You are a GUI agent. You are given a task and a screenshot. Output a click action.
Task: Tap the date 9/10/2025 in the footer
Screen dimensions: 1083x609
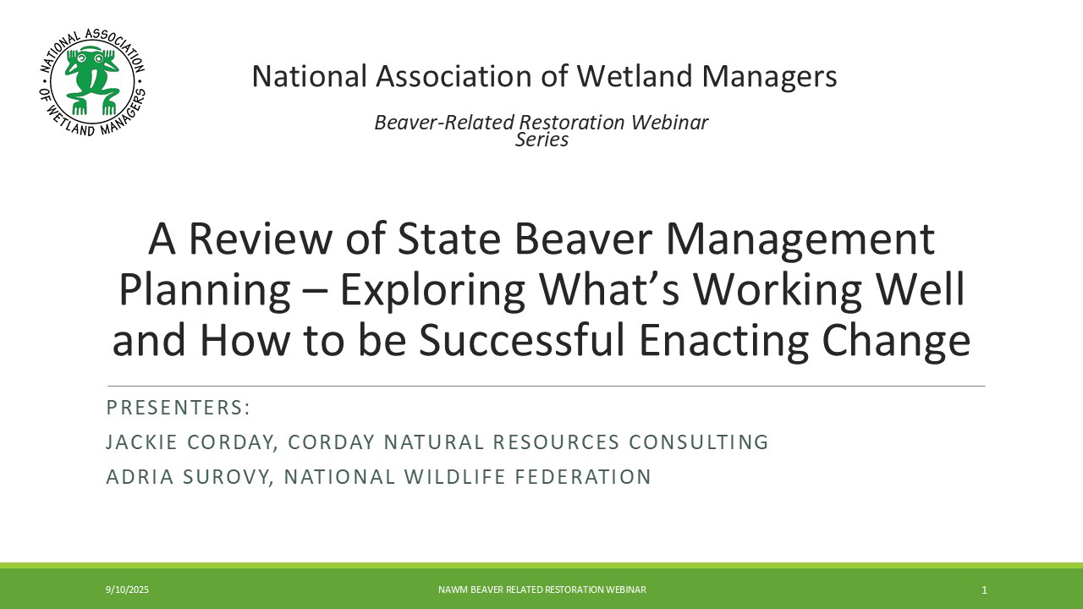128,590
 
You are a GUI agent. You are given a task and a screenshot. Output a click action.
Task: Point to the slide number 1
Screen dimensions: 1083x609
984,590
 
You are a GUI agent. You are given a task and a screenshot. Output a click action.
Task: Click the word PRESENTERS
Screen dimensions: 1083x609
175,408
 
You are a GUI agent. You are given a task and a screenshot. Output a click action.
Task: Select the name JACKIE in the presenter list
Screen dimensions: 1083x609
141,442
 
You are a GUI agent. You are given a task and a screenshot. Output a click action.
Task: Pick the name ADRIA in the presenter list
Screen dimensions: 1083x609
140,477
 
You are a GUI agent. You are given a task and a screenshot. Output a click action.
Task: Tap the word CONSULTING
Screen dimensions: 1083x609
698,442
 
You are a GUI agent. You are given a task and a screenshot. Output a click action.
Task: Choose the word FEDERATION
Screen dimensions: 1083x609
583,477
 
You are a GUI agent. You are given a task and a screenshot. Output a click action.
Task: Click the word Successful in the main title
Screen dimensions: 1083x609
522,339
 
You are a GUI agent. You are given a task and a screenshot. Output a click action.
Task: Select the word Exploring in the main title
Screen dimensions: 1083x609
432,290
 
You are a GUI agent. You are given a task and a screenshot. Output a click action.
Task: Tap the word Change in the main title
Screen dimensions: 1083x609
896,340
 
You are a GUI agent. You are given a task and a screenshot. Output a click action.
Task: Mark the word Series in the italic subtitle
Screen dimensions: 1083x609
541,140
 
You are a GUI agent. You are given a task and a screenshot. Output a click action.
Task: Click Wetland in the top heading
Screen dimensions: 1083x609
634,76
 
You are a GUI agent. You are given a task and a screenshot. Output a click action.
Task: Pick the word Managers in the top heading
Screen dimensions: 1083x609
769,77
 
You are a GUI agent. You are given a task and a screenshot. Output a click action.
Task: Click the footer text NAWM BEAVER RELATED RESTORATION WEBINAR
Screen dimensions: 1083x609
542,590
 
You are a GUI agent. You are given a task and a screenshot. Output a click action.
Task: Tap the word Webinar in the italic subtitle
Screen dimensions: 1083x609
669,123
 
